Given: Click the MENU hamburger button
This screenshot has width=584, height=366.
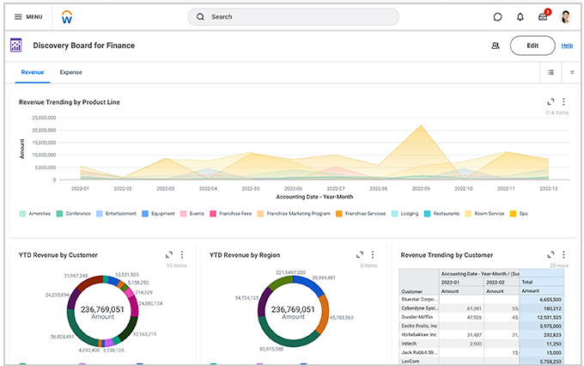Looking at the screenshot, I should point(28,16).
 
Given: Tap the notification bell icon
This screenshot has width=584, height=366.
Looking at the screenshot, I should point(520,16).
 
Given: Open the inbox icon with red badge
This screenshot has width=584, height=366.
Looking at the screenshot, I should point(543,16).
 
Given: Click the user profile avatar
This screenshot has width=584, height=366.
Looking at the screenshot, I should point(566,16).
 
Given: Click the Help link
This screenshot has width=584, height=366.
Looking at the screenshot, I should point(567,46).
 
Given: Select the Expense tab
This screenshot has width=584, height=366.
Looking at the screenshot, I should point(70,73).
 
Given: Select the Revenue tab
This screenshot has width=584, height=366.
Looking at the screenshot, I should point(33,73).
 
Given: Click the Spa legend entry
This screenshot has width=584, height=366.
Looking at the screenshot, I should point(520,213).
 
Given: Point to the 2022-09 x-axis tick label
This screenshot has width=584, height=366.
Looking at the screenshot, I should point(420,187).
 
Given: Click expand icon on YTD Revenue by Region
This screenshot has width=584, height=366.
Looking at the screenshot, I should point(359,254).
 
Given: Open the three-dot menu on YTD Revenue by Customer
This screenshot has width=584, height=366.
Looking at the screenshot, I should point(181,254).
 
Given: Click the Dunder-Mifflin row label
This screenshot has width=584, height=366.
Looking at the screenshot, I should point(417,317).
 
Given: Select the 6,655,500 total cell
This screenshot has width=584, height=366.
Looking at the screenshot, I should point(546,299).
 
